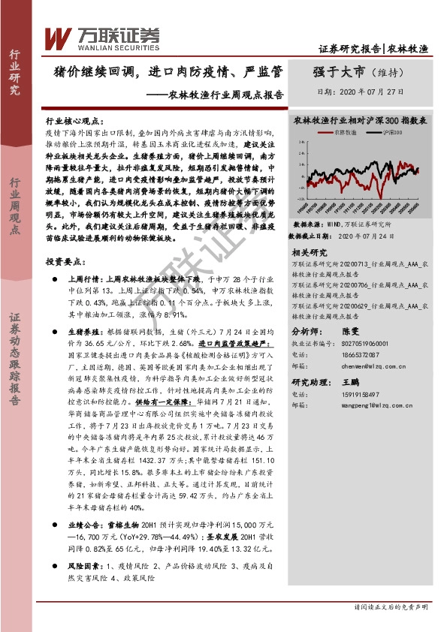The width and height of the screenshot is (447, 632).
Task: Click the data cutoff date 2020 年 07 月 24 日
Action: (x=364, y=236)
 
